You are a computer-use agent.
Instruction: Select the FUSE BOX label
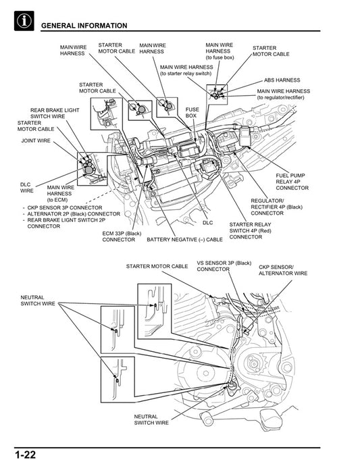point(192,112)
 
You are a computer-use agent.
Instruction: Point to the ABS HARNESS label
point(282,80)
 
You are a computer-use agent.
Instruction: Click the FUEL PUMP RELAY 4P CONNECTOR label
point(292,181)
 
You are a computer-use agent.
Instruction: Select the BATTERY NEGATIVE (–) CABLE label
point(184,239)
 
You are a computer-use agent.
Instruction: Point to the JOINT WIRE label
point(35,141)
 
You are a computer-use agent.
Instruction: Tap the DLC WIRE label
point(26,187)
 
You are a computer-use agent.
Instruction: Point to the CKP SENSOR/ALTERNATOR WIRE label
point(282,270)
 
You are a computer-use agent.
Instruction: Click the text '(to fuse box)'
point(220,57)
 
